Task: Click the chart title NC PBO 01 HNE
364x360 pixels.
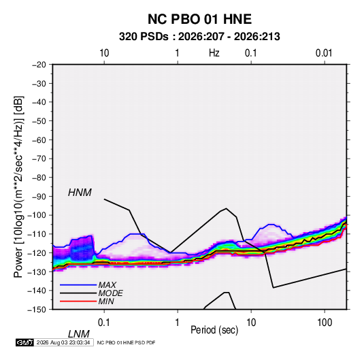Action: (199, 19)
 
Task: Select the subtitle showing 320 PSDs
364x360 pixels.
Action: (199, 37)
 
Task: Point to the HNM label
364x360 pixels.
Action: (80, 193)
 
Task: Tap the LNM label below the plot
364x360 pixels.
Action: (78, 334)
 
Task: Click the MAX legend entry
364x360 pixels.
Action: (107, 285)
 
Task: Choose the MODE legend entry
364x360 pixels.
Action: (110, 293)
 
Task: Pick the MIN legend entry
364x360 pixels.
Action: (106, 301)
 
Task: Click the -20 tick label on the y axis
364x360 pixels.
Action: (39, 65)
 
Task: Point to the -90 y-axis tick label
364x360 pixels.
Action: (39, 197)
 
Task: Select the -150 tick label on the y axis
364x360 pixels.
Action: (37, 310)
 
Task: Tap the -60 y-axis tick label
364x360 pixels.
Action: (39, 140)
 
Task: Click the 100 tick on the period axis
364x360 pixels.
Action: (325, 323)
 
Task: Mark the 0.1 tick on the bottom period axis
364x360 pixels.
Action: (104, 323)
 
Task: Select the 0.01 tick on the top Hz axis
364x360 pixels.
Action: (324, 53)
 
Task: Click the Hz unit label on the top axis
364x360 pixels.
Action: (214, 53)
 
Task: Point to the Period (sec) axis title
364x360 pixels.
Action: (214, 330)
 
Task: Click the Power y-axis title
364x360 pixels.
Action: (18, 187)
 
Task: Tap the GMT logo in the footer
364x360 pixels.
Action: (24, 342)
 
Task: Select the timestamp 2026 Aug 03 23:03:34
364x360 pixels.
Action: (63, 342)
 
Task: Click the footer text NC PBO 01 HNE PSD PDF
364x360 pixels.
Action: (126, 342)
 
